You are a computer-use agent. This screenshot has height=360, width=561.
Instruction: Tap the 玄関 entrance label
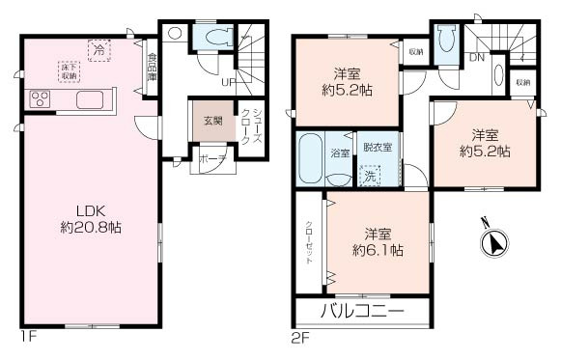(x=211, y=122)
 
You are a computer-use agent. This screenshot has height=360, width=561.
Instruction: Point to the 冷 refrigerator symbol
(x=98, y=47)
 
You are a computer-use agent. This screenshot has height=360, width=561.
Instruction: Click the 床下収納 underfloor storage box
(x=69, y=71)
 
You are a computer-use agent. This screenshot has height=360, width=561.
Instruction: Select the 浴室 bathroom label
(x=340, y=152)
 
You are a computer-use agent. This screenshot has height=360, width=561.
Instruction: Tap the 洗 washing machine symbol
(x=370, y=174)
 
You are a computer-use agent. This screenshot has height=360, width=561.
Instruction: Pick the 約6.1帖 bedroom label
(x=378, y=242)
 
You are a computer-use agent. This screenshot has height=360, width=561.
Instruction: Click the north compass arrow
(x=494, y=241)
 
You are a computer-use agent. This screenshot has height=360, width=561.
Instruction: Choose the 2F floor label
(x=301, y=339)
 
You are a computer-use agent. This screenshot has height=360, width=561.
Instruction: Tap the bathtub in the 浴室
(x=311, y=158)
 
